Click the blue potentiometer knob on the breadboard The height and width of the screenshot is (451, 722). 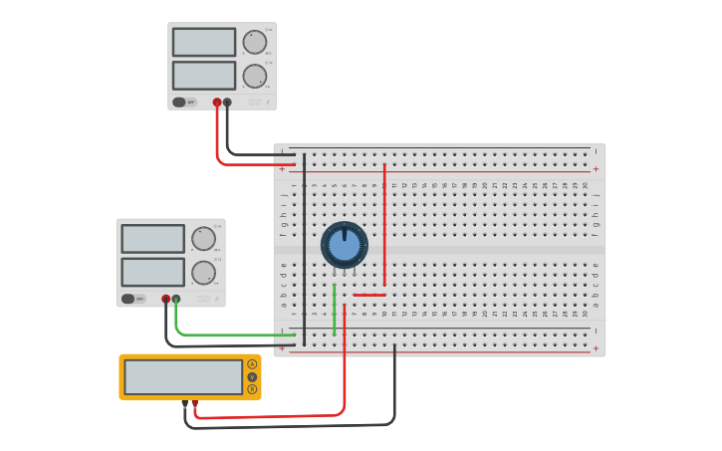click(345, 245)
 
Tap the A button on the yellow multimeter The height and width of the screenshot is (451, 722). click(252, 364)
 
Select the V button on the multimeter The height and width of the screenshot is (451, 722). click(252, 376)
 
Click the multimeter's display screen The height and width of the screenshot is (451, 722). click(183, 377)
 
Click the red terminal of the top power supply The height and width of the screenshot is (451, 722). click(217, 102)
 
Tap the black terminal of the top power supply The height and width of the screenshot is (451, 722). click(227, 102)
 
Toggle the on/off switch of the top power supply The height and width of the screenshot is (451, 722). click(179, 102)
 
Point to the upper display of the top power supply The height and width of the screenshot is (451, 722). click(204, 42)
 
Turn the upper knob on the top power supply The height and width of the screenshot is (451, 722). click(255, 42)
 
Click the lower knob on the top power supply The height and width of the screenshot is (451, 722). click(255, 76)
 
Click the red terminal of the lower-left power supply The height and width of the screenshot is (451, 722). click(166, 298)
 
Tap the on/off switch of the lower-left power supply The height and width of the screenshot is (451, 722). click(128, 298)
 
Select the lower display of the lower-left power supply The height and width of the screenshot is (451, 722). click(153, 272)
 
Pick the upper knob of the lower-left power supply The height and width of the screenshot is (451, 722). click(203, 239)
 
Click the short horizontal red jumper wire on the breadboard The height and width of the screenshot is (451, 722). click(369, 295)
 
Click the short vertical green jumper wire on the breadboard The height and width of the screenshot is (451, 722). click(335, 309)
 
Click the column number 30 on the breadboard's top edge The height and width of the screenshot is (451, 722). click(586, 185)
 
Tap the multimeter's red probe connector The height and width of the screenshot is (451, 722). click(194, 402)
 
